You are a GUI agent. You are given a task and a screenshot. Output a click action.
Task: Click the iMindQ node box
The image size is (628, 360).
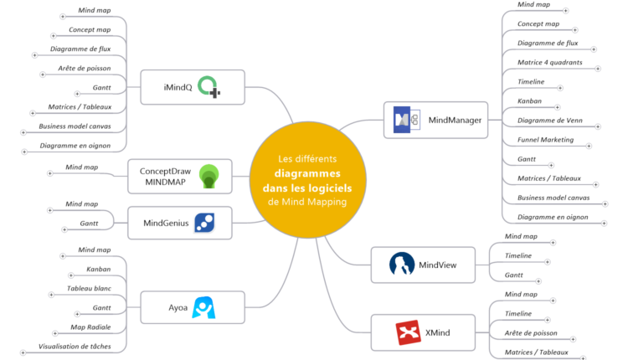[x=192, y=87]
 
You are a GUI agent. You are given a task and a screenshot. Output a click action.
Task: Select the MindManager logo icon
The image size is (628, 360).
[x=406, y=121]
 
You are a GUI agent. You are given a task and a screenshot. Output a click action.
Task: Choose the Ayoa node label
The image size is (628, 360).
[x=177, y=307]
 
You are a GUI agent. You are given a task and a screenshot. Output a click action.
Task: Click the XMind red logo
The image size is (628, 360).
[x=408, y=333]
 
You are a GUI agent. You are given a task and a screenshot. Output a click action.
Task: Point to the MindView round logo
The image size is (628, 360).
[x=402, y=265]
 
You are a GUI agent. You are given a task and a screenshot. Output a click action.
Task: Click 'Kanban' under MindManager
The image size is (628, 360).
[x=529, y=101]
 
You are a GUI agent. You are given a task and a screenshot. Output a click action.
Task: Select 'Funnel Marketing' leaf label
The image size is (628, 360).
[x=545, y=140]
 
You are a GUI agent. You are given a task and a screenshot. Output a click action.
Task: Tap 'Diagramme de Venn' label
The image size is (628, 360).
[x=550, y=121]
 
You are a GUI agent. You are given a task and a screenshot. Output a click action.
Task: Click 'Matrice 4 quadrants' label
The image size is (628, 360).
[x=549, y=63]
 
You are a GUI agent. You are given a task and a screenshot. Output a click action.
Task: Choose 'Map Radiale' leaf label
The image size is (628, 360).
[x=90, y=327]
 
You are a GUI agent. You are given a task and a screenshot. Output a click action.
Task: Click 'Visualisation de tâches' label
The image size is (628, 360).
[x=80, y=346]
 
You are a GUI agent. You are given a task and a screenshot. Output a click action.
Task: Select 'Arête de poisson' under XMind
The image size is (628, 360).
[x=531, y=333]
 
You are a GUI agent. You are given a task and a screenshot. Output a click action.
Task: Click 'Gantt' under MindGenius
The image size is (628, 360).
[x=90, y=224]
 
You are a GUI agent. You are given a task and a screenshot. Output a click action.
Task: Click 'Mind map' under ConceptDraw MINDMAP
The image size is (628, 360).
[x=82, y=167]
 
